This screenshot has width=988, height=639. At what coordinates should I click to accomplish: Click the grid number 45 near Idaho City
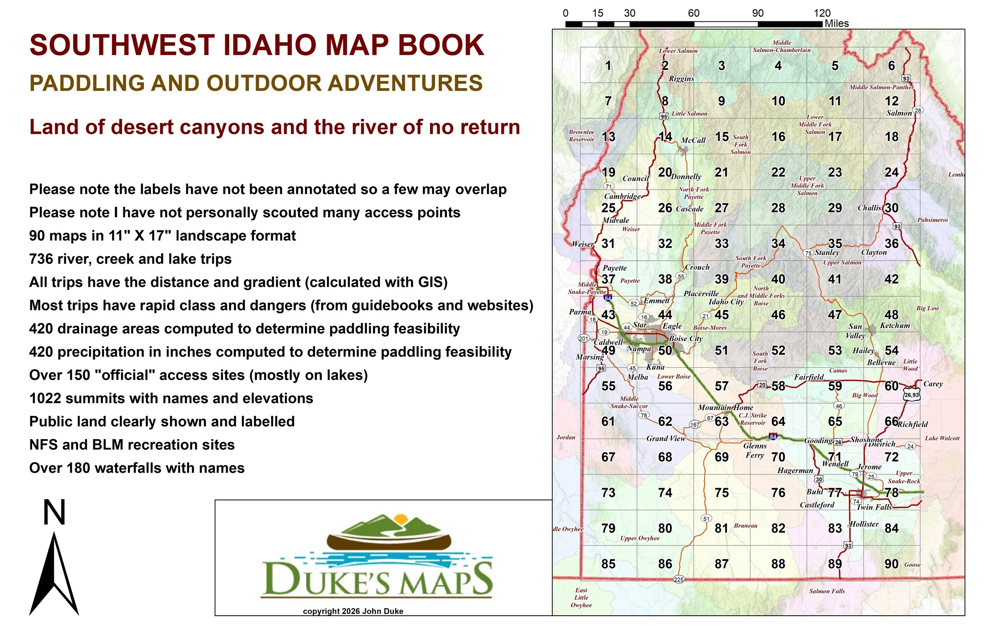(x=722, y=315)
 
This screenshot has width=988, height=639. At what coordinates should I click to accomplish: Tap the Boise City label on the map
(x=686, y=338)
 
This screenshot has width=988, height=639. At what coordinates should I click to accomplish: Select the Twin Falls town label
(x=874, y=507)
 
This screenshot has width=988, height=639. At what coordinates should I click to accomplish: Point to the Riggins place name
(x=681, y=79)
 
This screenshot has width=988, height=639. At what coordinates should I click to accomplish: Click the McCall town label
(x=693, y=140)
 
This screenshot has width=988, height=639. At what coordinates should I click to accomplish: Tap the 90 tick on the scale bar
(x=758, y=13)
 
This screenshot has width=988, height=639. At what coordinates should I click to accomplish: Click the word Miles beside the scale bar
(x=837, y=23)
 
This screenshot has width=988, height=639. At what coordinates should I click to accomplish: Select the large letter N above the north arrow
(x=54, y=513)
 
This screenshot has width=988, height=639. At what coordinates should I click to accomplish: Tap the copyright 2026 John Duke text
(x=353, y=611)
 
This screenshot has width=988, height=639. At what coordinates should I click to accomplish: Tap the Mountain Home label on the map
(x=725, y=408)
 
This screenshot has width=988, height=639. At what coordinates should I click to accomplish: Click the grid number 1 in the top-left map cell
(x=608, y=66)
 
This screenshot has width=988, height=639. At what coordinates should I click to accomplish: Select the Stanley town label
(x=827, y=252)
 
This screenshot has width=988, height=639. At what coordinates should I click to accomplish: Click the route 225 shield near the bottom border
(x=678, y=579)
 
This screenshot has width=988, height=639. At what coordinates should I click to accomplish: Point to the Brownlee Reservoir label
(x=581, y=136)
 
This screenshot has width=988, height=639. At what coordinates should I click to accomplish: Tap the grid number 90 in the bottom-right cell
(x=891, y=564)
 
